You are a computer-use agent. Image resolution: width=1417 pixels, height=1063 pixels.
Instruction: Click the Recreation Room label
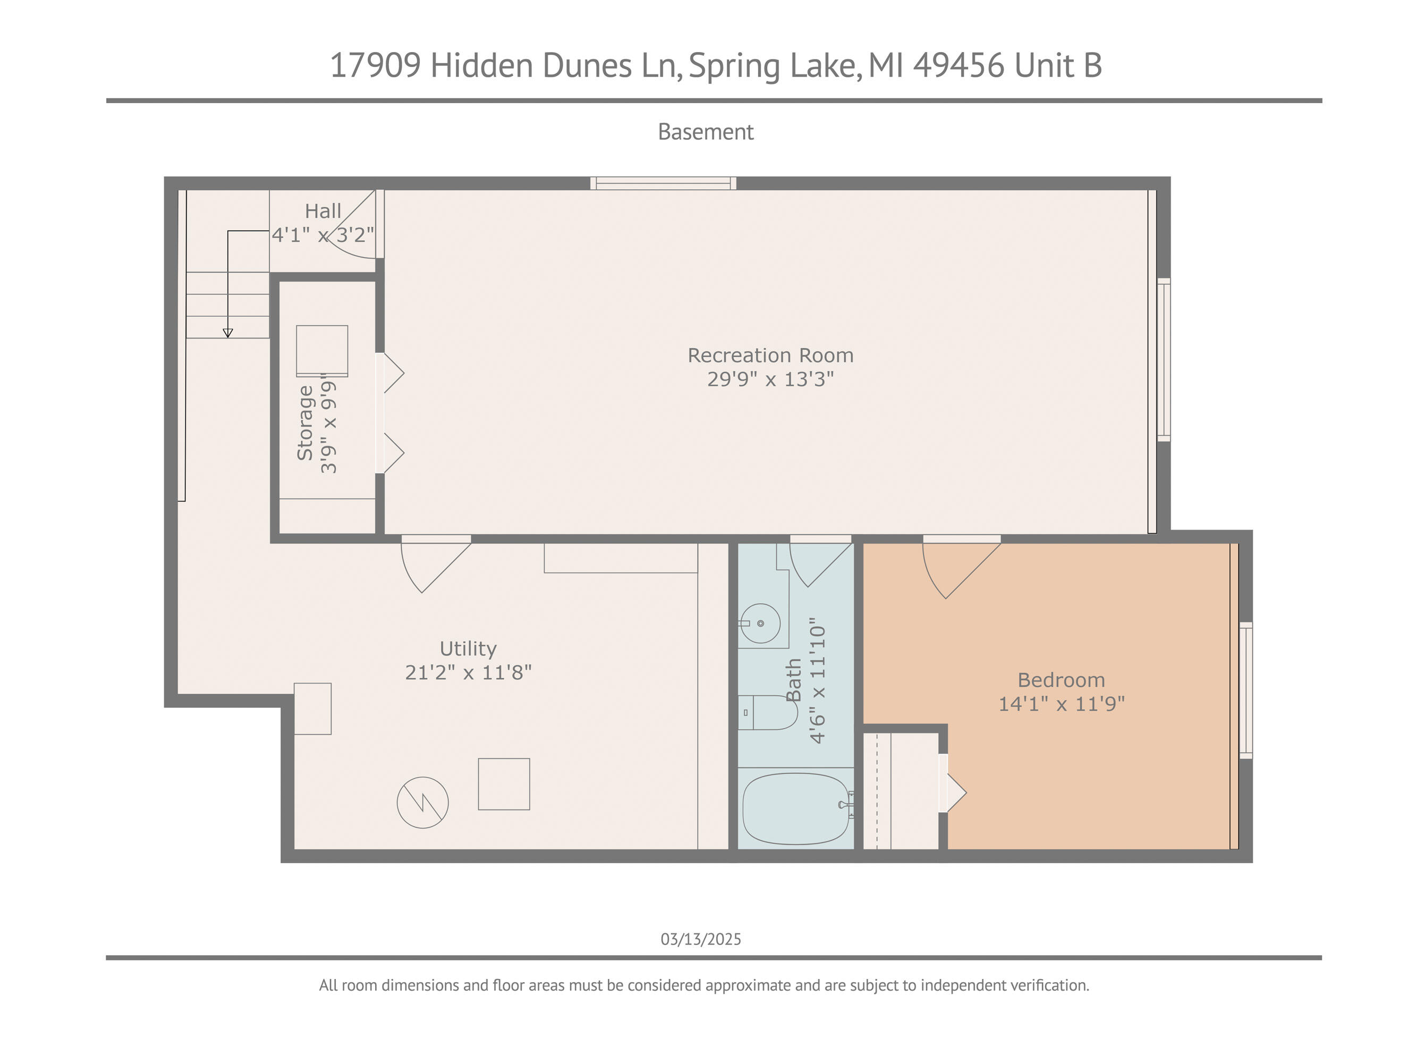(770, 355)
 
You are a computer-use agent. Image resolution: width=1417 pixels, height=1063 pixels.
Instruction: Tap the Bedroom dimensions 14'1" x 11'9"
(1062, 704)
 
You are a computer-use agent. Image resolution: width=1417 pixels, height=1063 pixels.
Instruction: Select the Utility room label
(468, 648)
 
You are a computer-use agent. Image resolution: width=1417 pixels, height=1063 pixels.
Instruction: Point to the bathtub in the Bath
(796, 808)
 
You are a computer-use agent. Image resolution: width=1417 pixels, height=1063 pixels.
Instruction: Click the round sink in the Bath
(760, 623)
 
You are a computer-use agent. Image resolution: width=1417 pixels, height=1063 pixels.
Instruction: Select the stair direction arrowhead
(227, 333)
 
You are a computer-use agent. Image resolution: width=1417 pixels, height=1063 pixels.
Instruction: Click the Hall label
(323, 211)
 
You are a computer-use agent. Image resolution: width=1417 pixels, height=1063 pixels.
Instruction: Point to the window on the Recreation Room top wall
(663, 183)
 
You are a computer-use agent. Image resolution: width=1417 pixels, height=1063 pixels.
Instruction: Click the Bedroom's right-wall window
(1246, 690)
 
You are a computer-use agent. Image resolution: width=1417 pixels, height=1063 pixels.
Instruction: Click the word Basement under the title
(706, 132)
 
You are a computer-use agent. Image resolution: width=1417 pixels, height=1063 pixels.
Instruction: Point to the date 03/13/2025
(701, 939)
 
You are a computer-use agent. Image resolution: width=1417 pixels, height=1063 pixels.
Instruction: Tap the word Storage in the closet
(305, 423)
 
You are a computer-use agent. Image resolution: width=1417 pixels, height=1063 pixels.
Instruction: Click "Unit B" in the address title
(1058, 65)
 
